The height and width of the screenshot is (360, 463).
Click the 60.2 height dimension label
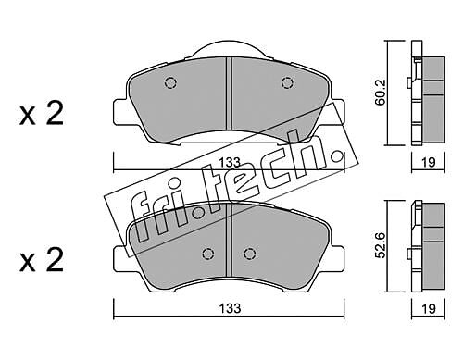coord(381,92)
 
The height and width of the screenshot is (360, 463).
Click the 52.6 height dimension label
coord(381,244)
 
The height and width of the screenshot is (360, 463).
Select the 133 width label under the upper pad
coord(229,162)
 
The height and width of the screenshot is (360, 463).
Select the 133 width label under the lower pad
coord(230,308)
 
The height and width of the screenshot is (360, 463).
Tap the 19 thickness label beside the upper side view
coord(429,162)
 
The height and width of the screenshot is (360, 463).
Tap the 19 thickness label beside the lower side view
coord(429,308)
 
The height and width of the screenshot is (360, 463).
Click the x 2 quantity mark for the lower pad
coord(42,260)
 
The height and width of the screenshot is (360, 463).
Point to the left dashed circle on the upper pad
coord(170,82)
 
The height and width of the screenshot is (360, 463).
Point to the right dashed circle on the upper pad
coord(287,82)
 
